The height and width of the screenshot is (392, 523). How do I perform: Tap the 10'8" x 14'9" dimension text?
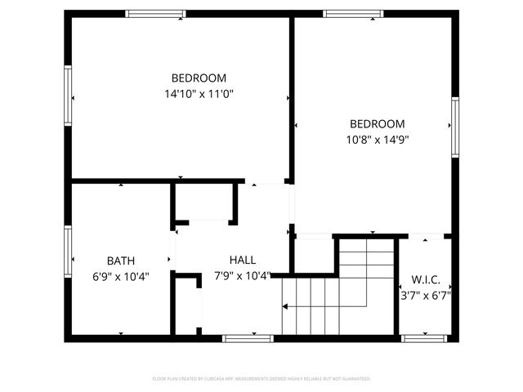coord(378,139)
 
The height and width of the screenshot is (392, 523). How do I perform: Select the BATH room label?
coord(120,261)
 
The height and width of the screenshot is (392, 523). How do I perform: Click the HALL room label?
coord(242,260)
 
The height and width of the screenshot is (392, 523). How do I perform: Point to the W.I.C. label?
coord(426,278)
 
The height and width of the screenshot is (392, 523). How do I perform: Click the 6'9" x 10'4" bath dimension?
coord(120,276)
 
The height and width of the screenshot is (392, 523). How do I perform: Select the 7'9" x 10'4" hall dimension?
coord(242,275)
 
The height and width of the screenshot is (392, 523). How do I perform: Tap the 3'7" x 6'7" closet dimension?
coord(426,295)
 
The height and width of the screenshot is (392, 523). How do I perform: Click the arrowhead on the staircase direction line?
coord(285,307)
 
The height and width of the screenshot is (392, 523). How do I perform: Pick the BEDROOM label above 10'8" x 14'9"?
coord(378,123)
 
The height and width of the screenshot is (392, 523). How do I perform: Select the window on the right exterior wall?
coord(455,124)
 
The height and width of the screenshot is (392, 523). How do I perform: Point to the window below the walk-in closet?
coord(425,337)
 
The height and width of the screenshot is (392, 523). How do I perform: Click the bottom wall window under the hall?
coord(248,337)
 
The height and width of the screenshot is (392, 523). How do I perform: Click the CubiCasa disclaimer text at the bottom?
coord(261,379)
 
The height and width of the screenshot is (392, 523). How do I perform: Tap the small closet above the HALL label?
coord(203,201)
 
